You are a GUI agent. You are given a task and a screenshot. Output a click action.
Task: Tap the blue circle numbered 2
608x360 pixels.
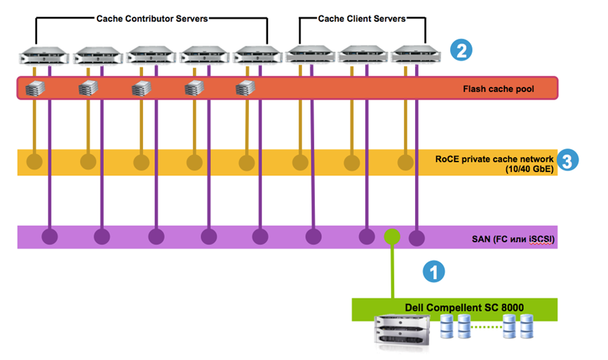pos(460,50)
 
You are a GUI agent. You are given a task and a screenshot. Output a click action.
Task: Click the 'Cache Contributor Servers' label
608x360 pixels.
pos(151,19)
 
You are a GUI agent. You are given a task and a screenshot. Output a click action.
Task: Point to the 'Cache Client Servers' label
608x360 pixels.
pos(362,19)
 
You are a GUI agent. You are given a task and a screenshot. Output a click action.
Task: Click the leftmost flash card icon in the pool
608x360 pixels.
pos(34,88)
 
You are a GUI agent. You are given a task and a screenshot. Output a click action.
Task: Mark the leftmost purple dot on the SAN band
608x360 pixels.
pos(49,236)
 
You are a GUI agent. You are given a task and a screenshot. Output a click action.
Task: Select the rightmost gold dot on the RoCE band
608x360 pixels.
pos(405,163)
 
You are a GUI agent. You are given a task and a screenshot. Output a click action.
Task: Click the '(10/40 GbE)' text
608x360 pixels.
pos(527,169)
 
